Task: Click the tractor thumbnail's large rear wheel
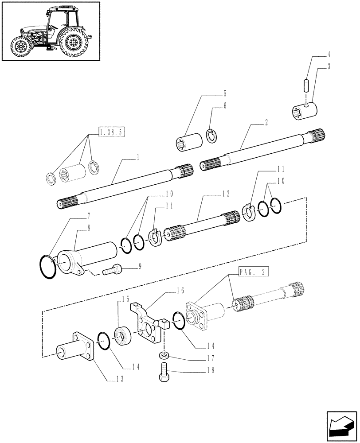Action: click(73, 42)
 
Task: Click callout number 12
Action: click(226, 194)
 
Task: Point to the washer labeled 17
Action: click(164, 354)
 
